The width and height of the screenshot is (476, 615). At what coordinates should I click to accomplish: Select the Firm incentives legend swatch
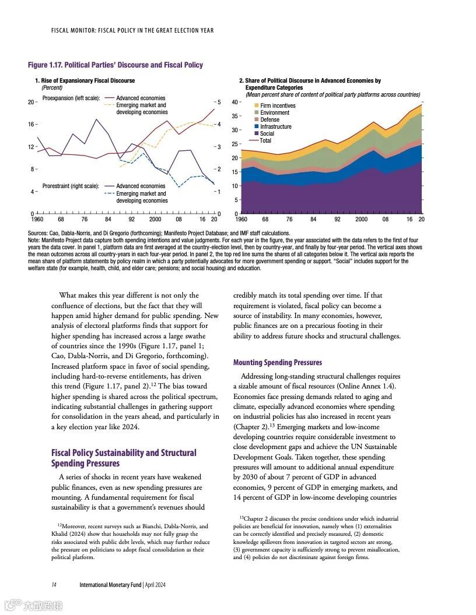tap(256, 106)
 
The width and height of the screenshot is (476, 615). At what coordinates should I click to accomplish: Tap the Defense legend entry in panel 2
tap(269, 119)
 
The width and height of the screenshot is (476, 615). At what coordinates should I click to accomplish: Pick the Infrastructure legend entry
tap(275, 126)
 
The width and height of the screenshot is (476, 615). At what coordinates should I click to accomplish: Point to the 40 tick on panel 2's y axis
tap(234, 102)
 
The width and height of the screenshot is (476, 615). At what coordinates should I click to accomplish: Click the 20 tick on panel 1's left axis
tap(31, 102)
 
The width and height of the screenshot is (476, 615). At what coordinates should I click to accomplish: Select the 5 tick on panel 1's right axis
tap(219, 102)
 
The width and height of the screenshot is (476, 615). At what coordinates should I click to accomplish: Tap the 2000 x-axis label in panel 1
tap(155, 220)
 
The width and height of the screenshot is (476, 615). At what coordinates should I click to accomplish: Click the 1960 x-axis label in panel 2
tap(241, 220)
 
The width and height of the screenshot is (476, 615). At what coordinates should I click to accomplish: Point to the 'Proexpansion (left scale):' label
tap(71, 98)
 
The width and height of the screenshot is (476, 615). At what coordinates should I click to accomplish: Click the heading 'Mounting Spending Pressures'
tap(277, 363)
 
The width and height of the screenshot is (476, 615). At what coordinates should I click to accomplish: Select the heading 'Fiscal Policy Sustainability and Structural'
tap(124, 453)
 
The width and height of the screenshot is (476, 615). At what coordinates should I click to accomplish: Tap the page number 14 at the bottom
tap(53, 585)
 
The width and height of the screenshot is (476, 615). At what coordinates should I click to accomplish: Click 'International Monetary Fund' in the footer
tap(110, 585)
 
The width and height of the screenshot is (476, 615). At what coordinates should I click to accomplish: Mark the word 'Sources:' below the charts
tap(38, 233)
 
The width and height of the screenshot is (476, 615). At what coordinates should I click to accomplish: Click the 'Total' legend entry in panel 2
tap(265, 140)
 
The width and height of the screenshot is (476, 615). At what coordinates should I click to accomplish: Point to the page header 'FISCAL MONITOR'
tap(69, 30)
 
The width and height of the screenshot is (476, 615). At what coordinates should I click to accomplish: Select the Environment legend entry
tap(274, 112)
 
